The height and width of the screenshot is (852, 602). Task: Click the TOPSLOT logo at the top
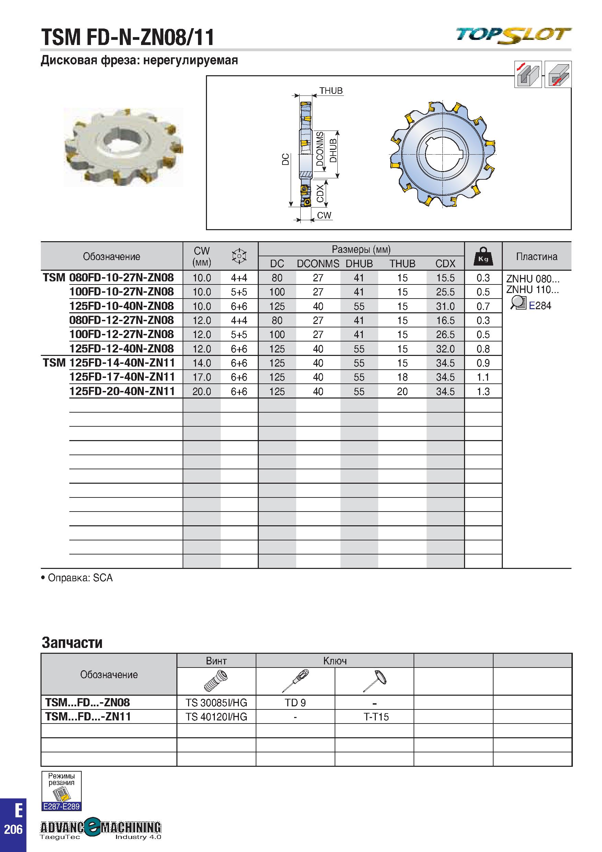(x=513, y=36)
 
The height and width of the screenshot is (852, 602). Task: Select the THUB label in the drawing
(x=331, y=91)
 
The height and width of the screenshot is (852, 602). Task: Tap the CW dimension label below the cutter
(x=324, y=215)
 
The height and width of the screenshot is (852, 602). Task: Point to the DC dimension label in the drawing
(x=286, y=159)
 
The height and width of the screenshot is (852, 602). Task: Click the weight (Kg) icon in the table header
(x=483, y=256)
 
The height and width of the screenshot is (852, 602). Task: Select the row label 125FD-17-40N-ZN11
(x=122, y=377)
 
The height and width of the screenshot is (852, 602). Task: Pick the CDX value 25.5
(x=445, y=292)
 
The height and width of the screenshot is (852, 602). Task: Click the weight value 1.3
(x=483, y=392)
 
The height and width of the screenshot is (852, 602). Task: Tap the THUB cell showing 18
(x=402, y=378)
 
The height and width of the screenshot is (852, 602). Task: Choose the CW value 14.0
(x=202, y=363)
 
